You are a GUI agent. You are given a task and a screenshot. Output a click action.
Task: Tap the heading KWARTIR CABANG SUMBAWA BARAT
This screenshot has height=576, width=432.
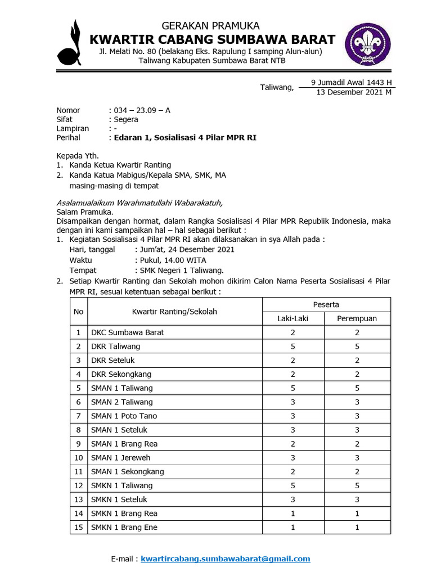pyautogui.click(x=213, y=39)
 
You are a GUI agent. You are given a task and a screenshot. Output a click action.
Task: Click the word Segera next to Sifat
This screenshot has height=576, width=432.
pyautogui.click(x=126, y=119)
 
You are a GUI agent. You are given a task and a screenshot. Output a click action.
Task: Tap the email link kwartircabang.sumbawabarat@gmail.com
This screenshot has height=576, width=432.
pyautogui.click(x=225, y=559)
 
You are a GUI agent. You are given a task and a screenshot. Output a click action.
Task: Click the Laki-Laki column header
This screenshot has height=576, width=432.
pyautogui.click(x=292, y=318)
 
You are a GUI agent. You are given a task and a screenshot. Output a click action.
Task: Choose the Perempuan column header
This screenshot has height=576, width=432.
pyautogui.click(x=357, y=318)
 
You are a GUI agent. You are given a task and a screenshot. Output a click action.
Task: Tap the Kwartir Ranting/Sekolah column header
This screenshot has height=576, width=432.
pyautogui.click(x=174, y=311)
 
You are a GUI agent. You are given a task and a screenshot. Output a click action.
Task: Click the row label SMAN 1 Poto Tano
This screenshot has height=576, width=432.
pyautogui.click(x=124, y=416)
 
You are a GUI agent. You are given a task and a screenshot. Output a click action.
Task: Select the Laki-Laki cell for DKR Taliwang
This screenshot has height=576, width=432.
pyautogui.click(x=292, y=346)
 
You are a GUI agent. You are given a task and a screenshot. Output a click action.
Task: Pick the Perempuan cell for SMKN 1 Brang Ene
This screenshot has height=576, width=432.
pyautogui.click(x=357, y=527)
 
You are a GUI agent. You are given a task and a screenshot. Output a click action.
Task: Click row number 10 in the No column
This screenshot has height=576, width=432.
pyautogui.click(x=78, y=457)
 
